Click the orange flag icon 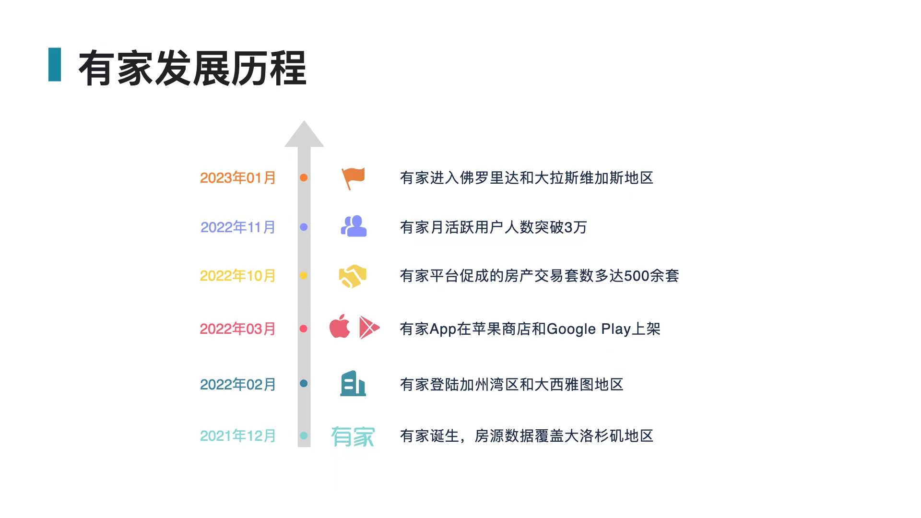[354, 178]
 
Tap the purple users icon [354, 226]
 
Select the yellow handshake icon [353, 276]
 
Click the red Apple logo [340, 327]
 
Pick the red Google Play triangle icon [368, 328]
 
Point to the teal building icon [353, 383]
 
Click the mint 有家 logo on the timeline [353, 436]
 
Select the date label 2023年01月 [237, 178]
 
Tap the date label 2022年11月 [237, 227]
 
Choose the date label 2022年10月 [237, 276]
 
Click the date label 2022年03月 [237, 329]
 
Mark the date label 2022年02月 [237, 385]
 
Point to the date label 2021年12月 [237, 436]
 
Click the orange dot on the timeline [304, 177]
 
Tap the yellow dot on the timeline [303, 275]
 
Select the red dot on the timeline [303, 329]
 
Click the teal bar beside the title [55, 64]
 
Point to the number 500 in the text [637, 276]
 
